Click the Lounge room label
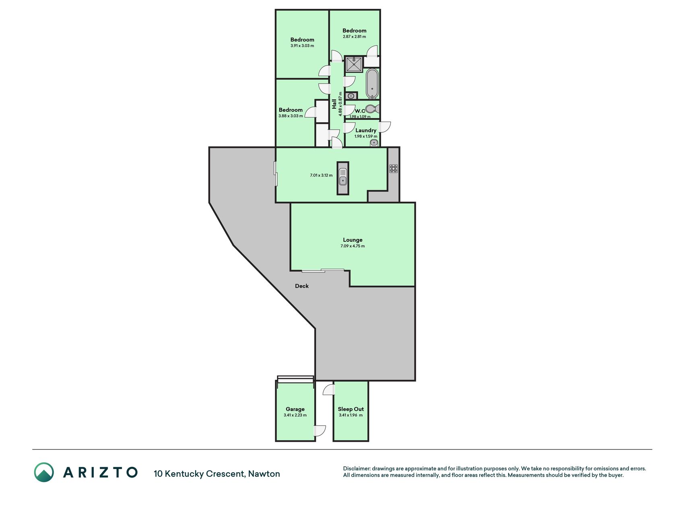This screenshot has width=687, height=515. pos(353,240)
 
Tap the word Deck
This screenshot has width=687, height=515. pos(302,286)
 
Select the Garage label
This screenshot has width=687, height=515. pos(295,409)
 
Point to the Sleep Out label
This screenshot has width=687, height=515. pos(351,409)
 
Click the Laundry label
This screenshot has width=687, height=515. pos(366,130)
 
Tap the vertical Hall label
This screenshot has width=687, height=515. pos(334,104)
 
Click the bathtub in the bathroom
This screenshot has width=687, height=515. pos(372,84)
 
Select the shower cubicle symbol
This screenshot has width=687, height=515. pos(354,64)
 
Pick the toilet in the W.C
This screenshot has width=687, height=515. pos(373,109)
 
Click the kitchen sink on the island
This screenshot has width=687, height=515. pos(343,178)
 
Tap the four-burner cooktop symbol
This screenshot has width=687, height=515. pos(394,169)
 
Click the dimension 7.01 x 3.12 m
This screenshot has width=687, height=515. pos(321,175)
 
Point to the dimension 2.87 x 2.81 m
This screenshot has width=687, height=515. pos(355,37)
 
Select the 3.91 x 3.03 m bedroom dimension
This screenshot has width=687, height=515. pos(302,46)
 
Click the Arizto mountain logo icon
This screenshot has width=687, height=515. pos(44,472)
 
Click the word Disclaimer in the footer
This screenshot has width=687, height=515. pos(357,468)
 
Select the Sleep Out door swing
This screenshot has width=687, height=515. pos(329,389)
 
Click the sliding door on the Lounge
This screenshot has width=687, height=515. pos(323,270)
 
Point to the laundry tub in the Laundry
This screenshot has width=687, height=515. pos(374,142)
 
